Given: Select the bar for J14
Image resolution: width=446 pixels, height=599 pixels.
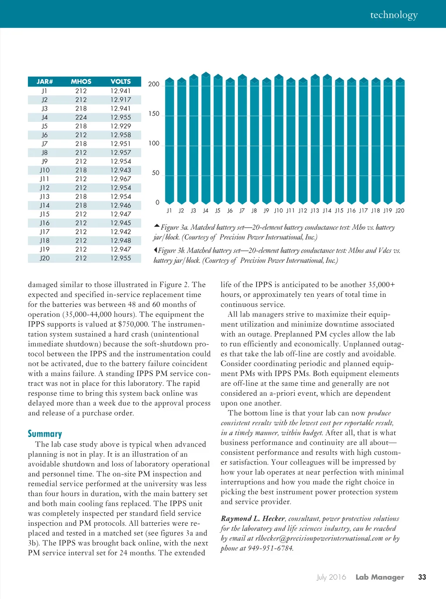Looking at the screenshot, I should (327, 139).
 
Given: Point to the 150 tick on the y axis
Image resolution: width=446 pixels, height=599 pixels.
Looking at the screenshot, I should (154, 114).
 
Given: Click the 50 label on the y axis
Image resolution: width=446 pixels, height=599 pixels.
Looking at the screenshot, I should (155, 173).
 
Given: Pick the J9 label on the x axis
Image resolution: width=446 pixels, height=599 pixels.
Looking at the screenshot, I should (266, 211).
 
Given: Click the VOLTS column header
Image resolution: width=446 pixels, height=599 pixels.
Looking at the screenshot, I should (121, 81).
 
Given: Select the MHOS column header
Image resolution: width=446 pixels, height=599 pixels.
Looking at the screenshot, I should (81, 81).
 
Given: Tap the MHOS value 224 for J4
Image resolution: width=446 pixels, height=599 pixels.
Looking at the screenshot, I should (81, 118).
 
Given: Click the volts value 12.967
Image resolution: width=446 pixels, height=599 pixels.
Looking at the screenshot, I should (121, 179).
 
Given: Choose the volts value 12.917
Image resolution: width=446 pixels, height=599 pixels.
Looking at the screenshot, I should (121, 100).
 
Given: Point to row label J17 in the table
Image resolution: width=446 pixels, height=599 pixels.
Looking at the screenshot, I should (44, 232).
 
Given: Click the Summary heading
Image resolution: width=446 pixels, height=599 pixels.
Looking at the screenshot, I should (45, 434).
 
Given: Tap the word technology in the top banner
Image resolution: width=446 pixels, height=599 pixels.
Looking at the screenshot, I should (394, 15).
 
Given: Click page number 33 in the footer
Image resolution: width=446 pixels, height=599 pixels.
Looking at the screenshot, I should (422, 577).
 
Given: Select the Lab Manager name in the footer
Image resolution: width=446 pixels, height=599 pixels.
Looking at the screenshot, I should (380, 577).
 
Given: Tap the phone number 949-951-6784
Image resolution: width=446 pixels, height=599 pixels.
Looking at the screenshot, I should (271, 548).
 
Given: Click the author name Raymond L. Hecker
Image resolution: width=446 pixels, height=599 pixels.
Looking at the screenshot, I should (253, 518).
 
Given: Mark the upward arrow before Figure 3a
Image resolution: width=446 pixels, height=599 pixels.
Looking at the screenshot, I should (157, 225).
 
